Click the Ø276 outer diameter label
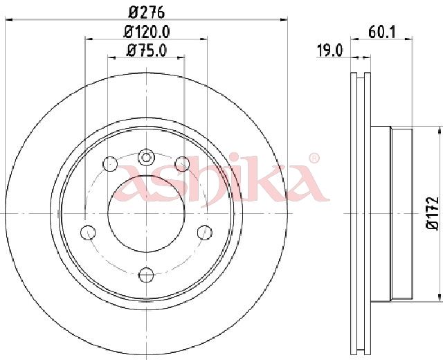146,12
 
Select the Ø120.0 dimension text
147,32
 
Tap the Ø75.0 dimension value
147,51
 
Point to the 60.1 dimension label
382,32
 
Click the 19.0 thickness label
329,51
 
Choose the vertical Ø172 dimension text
433,213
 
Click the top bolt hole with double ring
146,157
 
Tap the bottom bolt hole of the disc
146,274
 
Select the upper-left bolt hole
110,163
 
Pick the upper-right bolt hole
182,164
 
